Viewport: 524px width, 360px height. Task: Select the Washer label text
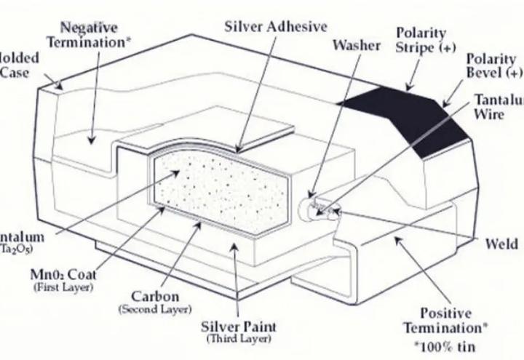pyautogui.click(x=356, y=46)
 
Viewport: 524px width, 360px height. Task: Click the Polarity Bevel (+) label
pyautogui.click(x=494, y=66)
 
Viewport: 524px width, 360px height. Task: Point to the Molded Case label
pyautogui.click(x=16, y=65)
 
